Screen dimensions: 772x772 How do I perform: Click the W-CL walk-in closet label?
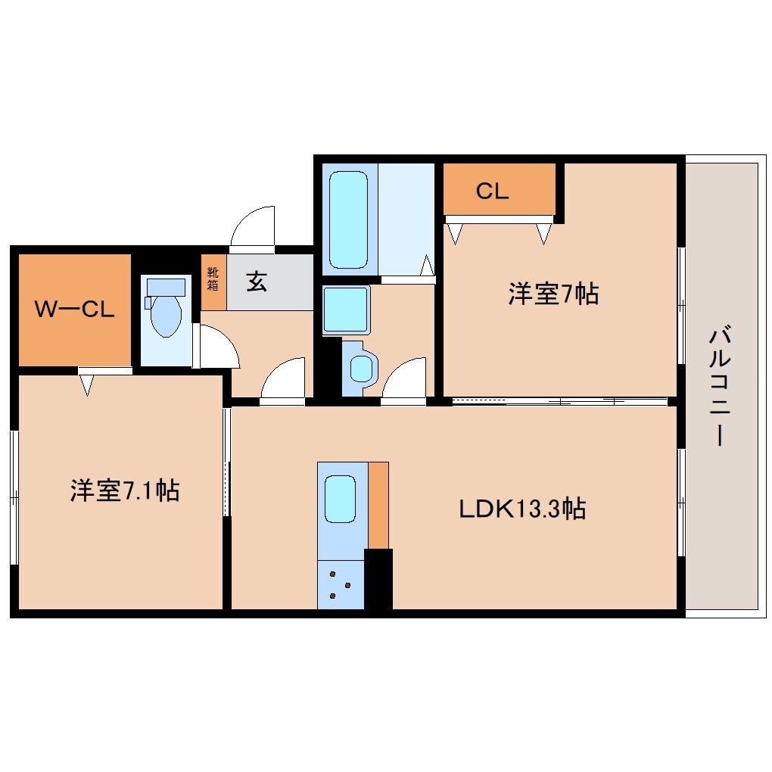(74, 309)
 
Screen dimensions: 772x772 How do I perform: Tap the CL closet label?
(492, 191)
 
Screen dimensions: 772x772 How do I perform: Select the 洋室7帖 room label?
(553, 294)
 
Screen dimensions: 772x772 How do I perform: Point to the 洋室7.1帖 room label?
(125, 490)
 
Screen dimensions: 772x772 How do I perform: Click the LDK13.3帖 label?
(522, 509)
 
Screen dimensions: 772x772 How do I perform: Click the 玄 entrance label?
(257, 282)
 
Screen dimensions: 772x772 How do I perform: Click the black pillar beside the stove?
(378, 579)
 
